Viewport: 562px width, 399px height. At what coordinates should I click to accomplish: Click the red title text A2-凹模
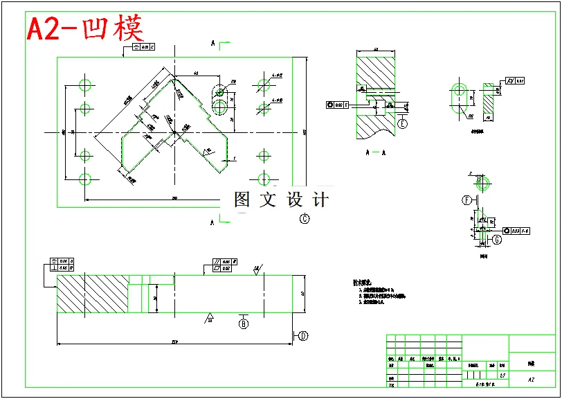(x=85, y=28)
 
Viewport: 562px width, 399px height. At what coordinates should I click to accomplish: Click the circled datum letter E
(x=403, y=124)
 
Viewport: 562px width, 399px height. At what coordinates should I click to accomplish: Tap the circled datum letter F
(x=467, y=201)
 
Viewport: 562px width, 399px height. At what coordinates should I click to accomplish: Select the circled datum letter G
(x=497, y=240)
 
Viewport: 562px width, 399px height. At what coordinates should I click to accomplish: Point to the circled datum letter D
(x=303, y=336)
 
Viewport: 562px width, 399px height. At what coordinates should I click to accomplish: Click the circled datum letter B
(x=244, y=323)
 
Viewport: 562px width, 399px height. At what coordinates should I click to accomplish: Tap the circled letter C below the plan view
(x=305, y=219)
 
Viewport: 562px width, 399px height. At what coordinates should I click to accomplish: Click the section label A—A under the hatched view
(x=374, y=151)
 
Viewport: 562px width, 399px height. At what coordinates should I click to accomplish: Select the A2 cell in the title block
(x=531, y=380)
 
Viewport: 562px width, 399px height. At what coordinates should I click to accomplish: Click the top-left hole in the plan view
(x=85, y=85)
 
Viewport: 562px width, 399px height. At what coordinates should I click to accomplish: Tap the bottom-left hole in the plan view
(x=85, y=179)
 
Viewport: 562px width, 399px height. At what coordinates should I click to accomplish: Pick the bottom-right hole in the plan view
(x=263, y=179)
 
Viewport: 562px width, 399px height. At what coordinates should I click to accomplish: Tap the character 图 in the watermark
(x=242, y=200)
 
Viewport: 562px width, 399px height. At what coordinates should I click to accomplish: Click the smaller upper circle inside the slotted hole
(x=220, y=91)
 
